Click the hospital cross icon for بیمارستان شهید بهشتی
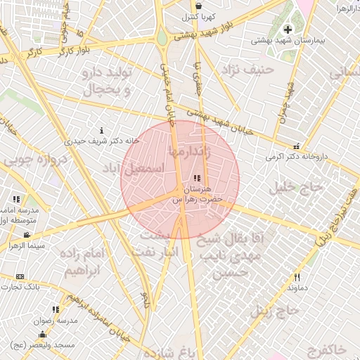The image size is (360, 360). (x=287, y=30)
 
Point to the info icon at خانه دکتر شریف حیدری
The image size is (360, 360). (x=102, y=131)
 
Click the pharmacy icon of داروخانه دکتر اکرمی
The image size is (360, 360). (x=297, y=147)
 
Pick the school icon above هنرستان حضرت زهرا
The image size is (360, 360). (x=196, y=179)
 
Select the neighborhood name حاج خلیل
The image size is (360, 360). (x=296, y=187)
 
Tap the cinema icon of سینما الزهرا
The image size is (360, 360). (x=27, y=235)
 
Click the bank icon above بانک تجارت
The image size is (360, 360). (x=20, y=277)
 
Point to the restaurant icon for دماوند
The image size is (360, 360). (x=297, y=277)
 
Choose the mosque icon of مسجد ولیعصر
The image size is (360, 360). (x=42, y=334)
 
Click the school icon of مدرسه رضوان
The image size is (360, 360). (x=56, y=309)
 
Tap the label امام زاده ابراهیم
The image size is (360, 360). (x=82, y=261)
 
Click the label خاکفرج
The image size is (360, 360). (x=328, y=349)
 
